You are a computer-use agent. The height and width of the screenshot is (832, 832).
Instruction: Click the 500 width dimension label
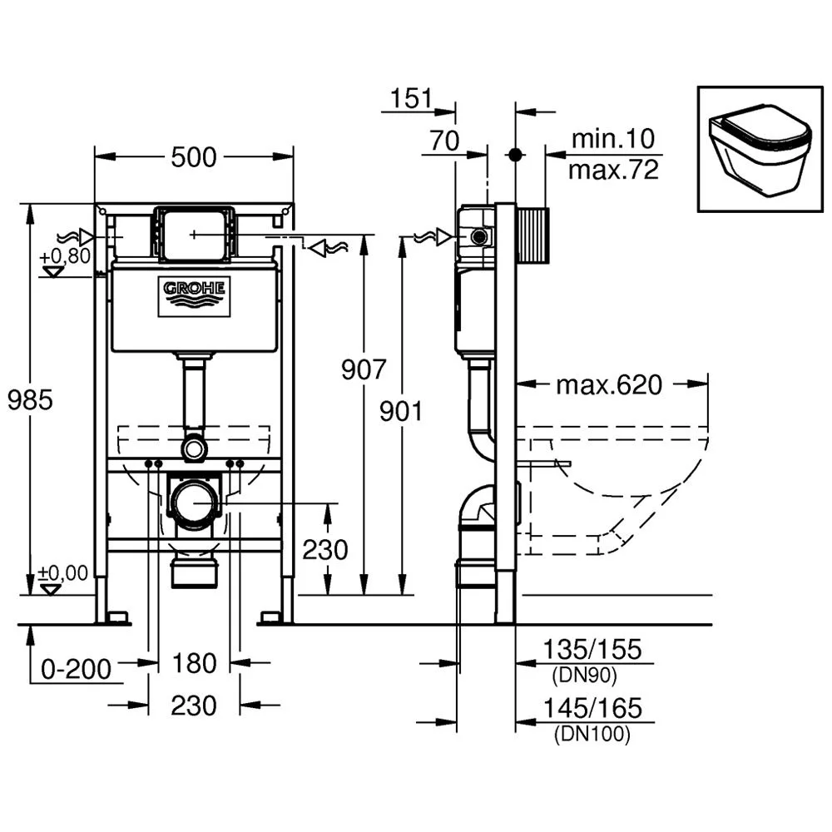click(193, 156)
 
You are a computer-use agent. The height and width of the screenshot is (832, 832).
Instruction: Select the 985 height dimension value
click(30, 400)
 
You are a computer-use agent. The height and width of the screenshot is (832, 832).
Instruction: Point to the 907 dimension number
click(364, 369)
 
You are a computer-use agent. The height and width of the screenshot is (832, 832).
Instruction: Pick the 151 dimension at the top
click(411, 99)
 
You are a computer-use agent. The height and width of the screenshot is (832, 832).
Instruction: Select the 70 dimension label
click(444, 141)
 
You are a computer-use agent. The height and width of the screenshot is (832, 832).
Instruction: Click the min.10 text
click(613, 138)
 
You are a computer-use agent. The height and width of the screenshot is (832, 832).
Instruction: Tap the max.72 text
click(613, 171)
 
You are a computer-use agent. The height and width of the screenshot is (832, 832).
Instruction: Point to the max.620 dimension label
click(609, 385)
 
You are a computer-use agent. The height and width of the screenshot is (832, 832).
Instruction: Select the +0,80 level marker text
click(64, 256)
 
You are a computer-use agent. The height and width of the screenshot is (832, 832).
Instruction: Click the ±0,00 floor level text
click(62, 572)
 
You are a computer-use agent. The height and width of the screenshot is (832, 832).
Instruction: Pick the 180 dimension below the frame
click(193, 663)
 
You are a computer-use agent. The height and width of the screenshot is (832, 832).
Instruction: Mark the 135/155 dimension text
click(592, 649)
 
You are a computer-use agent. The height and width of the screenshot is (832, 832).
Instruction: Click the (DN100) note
click(592, 734)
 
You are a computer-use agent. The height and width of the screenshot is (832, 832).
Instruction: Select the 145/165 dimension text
click(592, 708)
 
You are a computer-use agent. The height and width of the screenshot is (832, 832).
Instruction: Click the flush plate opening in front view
click(193, 234)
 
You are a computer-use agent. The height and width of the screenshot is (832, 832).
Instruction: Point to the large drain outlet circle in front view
click(194, 503)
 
